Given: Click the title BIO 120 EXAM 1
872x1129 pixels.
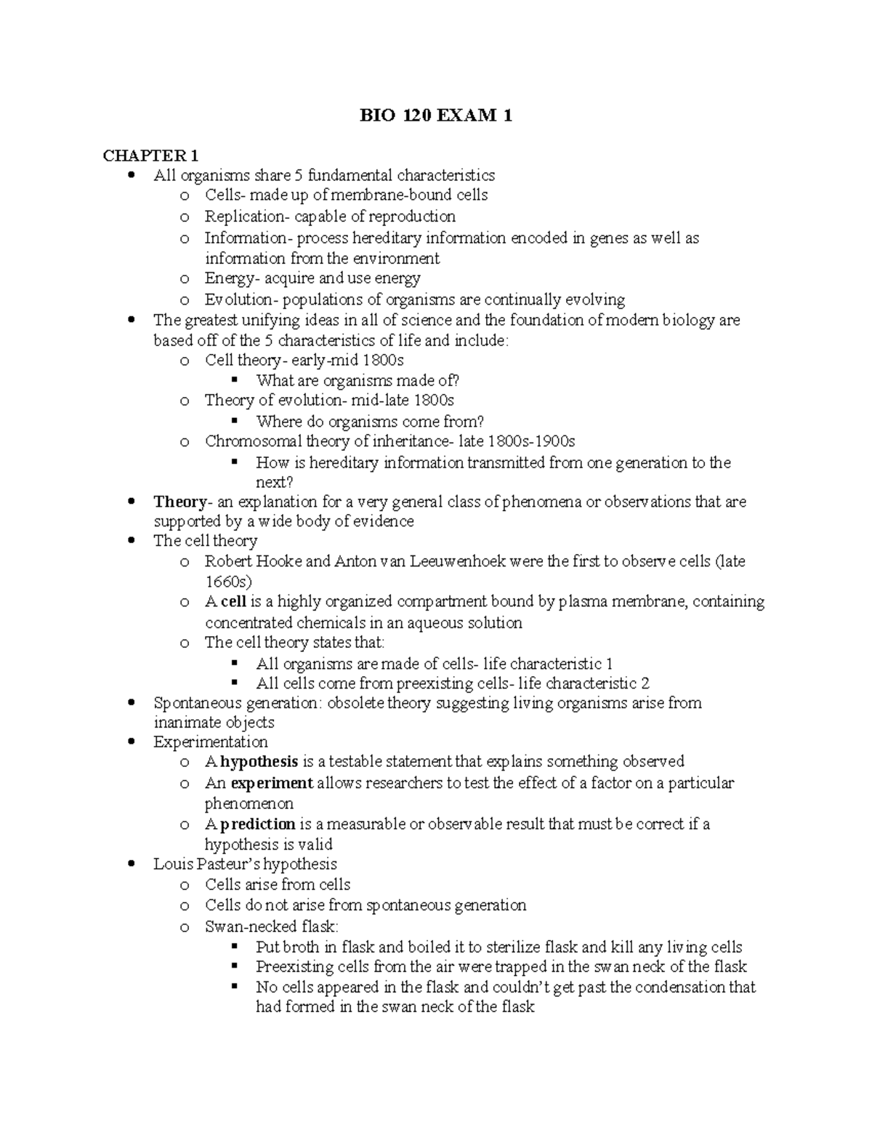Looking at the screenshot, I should (436, 116).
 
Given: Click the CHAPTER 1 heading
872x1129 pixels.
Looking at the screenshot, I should (150, 156).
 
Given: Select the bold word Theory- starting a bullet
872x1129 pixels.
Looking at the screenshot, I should (180, 502).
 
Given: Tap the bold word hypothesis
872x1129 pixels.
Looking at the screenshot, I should (259, 762).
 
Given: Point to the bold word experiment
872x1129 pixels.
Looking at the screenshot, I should (272, 783).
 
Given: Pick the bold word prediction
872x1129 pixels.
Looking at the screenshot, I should (258, 824).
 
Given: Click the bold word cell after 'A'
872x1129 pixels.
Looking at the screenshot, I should (234, 602).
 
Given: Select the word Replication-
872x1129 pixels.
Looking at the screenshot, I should (246, 217).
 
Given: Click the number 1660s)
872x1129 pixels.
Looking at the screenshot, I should (228, 582).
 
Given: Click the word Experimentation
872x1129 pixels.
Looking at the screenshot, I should (211, 742).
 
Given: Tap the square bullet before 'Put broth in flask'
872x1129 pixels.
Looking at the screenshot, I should (234, 947).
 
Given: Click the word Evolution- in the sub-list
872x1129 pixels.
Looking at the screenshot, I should (241, 300).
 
